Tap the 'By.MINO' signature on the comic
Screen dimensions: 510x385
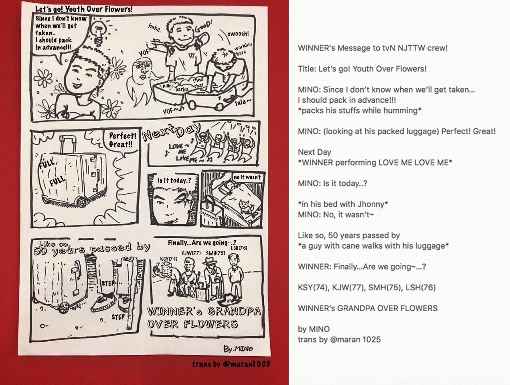pyautogui.click(x=238, y=349)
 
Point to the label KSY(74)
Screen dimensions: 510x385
pyautogui.click(x=169, y=259)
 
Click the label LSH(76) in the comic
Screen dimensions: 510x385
pyautogui.click(x=239, y=248)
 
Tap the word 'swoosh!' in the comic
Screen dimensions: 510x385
pyautogui.click(x=238, y=34)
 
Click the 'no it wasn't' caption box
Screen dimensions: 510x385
pyautogui.click(x=247, y=178)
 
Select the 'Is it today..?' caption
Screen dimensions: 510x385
pyautogui.click(x=174, y=180)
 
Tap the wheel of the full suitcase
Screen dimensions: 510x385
pyautogui.click(x=81, y=203)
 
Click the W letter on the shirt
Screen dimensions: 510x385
pyautogui.click(x=192, y=56)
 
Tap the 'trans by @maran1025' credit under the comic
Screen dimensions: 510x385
pyautogui.click(x=231, y=364)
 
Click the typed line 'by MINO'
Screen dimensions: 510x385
pyautogui.click(x=314, y=329)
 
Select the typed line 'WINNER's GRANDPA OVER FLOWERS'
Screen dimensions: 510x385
pyautogui.click(x=368, y=308)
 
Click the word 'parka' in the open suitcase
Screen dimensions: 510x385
pyautogui.click(x=182, y=89)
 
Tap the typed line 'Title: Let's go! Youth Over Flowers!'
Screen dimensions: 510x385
pyautogui.click(x=362, y=69)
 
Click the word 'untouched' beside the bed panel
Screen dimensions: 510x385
pyautogui.click(x=208, y=216)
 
